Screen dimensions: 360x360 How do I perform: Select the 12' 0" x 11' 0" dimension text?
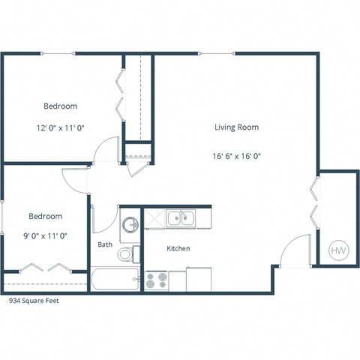point(59,128)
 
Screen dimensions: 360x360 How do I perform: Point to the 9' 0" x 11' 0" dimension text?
point(45,236)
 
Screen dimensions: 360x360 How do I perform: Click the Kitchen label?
point(178,248)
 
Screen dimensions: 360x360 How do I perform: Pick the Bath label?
point(105,244)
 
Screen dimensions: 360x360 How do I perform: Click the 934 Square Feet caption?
point(33,300)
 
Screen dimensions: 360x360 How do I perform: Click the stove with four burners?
point(156,280)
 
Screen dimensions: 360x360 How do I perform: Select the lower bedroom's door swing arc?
point(75,180)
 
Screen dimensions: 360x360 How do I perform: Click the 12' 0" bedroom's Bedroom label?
point(59,106)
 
